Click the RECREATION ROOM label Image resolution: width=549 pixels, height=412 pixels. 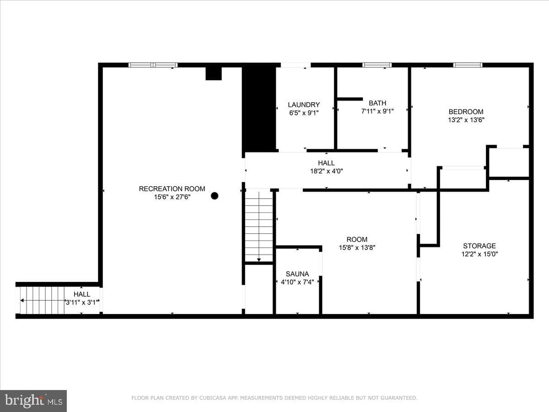coord(172,189)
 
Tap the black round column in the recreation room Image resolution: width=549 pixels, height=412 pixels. coord(215,196)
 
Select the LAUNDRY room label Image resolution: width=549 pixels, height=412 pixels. coord(304,104)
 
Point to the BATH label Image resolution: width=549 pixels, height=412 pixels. coord(377,103)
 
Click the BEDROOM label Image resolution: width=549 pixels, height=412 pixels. coord(466,112)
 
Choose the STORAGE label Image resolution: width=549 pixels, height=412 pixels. coord(479,246)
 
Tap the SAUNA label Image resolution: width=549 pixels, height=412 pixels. coord(297,274)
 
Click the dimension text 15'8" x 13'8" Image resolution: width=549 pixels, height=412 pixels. coord(357,248)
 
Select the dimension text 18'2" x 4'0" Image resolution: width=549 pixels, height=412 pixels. coord(326,171)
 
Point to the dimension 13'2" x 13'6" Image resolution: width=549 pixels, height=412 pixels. coord(466,120)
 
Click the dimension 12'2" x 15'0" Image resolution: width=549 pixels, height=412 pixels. coord(479,254)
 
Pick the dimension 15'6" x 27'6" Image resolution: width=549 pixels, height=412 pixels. coord(172,197)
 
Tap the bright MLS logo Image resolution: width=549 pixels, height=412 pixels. coord(33,401)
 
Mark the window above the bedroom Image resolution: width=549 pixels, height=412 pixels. coord(468,65)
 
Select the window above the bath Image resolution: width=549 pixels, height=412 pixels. coord(377,65)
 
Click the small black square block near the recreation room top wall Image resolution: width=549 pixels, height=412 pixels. coord(213,74)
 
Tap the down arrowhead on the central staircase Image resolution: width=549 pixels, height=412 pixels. coord(259,260)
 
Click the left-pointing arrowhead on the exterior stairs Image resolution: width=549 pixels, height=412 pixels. coord(22,300)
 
